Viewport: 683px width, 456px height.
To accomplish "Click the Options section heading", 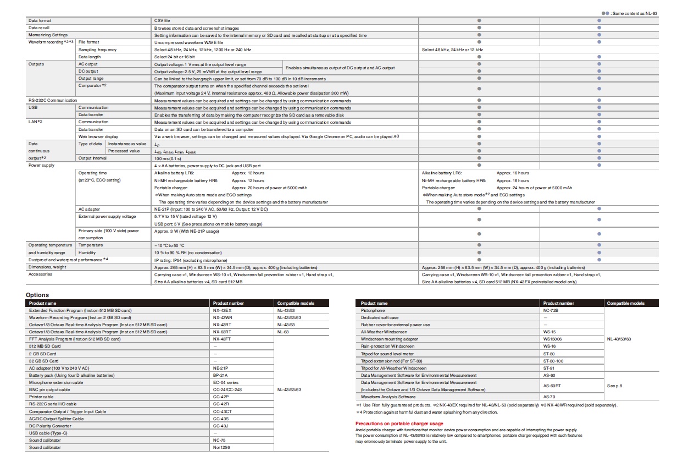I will pyautogui.click(x=37, y=295).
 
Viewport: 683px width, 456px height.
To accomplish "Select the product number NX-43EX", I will pyautogui.click(x=221, y=310).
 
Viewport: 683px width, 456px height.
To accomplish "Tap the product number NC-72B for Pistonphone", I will pyautogui.click(x=552, y=310).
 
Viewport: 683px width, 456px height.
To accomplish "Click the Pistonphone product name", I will pyautogui.click(x=373, y=310).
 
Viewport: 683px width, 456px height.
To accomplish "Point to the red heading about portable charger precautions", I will pyautogui.click(x=399, y=423).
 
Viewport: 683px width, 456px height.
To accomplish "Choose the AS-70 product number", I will pyautogui.click(x=549, y=396).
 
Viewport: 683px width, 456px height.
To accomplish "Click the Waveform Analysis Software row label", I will pyautogui.click(x=388, y=396).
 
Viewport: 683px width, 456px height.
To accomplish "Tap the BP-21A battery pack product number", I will pyautogui.click(x=221, y=375).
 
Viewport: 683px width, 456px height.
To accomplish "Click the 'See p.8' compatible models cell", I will pyautogui.click(x=614, y=386).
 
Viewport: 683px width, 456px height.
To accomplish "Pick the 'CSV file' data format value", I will pyautogui.click(x=162, y=20).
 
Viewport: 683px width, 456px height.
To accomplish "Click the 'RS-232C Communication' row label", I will pyautogui.click(x=53, y=100).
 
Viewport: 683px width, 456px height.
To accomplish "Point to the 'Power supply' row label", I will pyautogui.click(x=41, y=164).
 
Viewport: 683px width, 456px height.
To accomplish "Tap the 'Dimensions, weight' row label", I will pyautogui.click(x=48, y=267).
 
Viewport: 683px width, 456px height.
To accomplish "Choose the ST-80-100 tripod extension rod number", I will pyautogui.click(x=554, y=360).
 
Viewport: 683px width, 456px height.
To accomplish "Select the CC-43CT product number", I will pyautogui.click(x=222, y=411).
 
